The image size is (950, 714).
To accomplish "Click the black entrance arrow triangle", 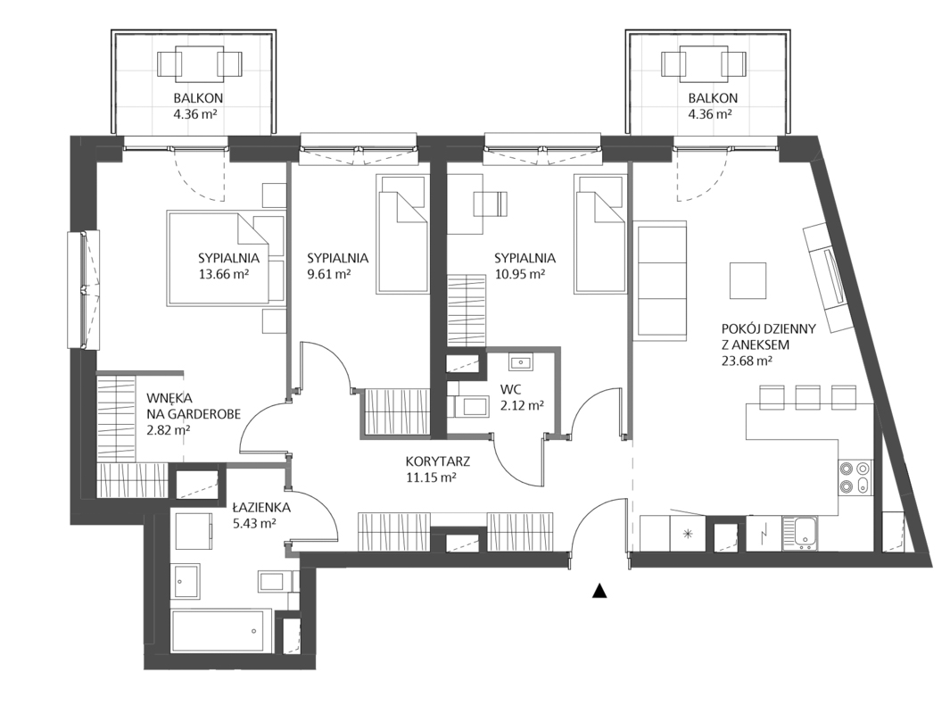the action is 599,590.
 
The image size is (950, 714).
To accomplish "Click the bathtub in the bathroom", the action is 218,630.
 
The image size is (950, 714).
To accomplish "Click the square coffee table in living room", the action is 748,280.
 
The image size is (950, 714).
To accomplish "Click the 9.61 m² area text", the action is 328,273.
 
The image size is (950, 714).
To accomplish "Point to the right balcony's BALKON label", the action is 713,97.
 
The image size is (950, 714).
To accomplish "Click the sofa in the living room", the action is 660,278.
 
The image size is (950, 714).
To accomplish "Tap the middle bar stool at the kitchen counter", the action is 807,397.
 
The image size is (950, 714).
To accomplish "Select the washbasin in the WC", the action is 520,361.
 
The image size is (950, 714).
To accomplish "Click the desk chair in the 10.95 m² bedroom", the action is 490,203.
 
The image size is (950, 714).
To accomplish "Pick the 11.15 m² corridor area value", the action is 431,477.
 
